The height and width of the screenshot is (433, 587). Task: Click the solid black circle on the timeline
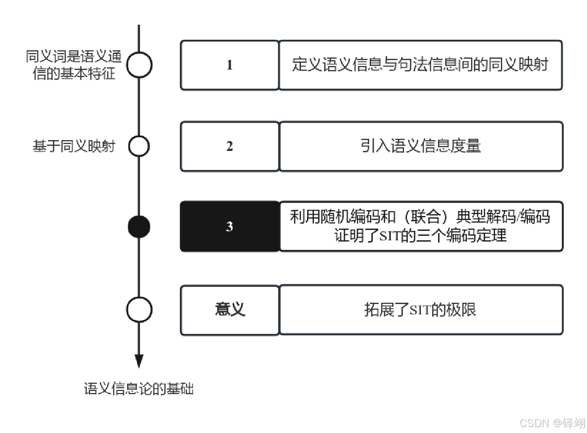click(139, 226)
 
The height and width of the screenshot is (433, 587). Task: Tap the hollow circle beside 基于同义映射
click(139, 146)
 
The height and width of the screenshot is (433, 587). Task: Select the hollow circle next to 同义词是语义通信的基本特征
click(139, 65)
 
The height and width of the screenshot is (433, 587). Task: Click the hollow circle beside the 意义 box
click(139, 309)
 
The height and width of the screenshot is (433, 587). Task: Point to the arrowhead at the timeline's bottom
click(139, 361)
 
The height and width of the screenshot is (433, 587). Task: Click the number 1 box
click(230, 65)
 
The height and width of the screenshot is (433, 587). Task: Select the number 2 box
click(230, 146)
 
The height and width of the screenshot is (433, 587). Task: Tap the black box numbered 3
click(230, 226)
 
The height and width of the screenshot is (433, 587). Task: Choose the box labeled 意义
click(230, 309)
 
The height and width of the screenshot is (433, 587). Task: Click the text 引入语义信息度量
click(420, 146)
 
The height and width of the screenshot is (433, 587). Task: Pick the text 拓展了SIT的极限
click(420, 309)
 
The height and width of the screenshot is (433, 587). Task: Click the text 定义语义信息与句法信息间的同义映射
click(420, 65)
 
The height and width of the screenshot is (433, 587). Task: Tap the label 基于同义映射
click(74, 146)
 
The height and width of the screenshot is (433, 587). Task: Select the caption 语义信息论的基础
click(139, 389)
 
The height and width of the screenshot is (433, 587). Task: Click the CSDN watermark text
click(552, 423)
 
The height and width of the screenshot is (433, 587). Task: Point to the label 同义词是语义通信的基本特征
click(74, 65)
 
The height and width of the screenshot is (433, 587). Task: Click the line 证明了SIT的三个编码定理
click(420, 235)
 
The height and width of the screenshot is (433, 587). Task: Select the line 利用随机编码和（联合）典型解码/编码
click(420, 217)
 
